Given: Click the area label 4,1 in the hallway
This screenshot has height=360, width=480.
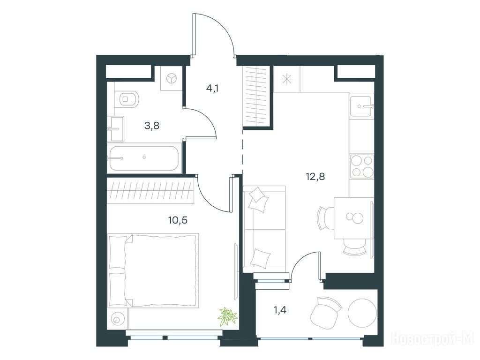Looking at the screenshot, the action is [x=212, y=89].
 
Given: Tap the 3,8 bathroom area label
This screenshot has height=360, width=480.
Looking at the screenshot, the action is [x=152, y=126].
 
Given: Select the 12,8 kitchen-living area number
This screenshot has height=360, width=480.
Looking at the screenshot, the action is [x=315, y=176].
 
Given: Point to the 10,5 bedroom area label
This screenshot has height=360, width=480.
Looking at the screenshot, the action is [x=178, y=220].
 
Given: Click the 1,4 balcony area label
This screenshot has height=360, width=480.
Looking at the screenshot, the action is [x=280, y=310].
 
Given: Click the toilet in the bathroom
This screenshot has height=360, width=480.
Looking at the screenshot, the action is [x=128, y=98].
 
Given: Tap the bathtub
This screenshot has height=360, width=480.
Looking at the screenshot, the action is [x=143, y=158].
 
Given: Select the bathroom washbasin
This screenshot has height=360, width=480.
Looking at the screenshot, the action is [x=116, y=129].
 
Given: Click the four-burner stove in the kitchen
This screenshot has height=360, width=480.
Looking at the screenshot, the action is [x=362, y=166].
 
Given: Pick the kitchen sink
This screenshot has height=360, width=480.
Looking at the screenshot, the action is [x=361, y=106].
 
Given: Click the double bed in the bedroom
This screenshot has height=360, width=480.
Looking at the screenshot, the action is [x=153, y=270].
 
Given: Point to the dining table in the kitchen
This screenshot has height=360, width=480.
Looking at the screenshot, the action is [x=352, y=218].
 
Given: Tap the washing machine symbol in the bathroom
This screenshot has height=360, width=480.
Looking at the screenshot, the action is [x=172, y=79].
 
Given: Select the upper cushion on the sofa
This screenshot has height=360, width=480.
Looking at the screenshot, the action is [x=259, y=199].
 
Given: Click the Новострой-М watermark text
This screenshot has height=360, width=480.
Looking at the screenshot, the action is [x=433, y=338].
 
